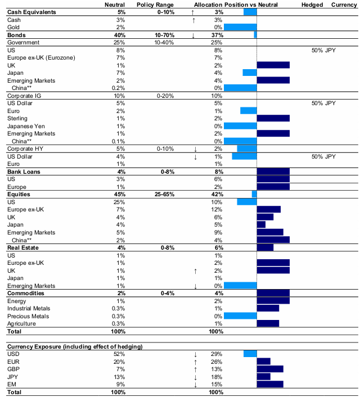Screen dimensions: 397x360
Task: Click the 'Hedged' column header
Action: (x=312, y=4)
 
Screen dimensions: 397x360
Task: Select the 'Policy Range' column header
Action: (x=153, y=4)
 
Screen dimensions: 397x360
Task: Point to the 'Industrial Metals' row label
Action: (x=29, y=308)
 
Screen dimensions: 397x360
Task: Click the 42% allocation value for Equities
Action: (x=215, y=194)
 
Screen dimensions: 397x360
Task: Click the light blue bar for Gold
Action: (x=240, y=27)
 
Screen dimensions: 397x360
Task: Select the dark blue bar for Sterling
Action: (x=273, y=118)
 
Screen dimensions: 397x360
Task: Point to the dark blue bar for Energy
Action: (x=273, y=300)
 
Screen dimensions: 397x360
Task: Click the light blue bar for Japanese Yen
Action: (x=240, y=126)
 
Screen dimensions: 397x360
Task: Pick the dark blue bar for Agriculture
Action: (x=268, y=323)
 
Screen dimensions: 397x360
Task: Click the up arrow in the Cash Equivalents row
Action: (x=193, y=12)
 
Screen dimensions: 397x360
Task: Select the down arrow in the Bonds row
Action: (x=193, y=35)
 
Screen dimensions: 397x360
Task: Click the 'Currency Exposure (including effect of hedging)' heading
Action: (x=74, y=346)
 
